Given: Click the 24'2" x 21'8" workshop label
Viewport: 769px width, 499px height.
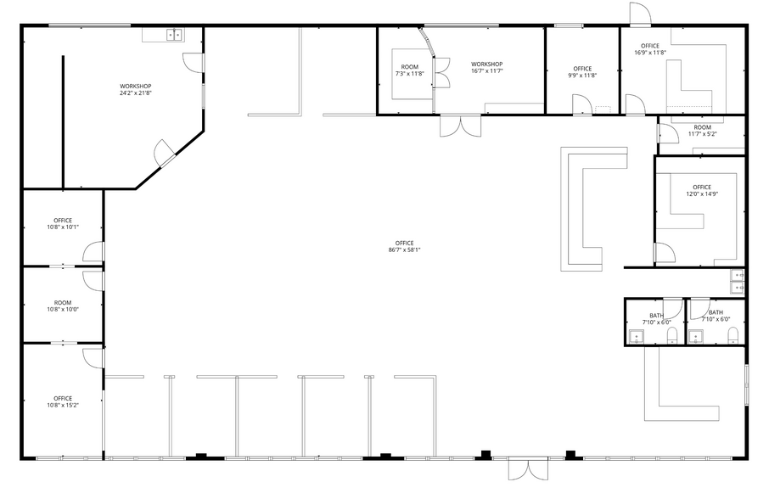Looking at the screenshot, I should click(136, 89).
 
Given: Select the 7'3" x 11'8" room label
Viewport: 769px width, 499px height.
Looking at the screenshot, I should click(410, 70).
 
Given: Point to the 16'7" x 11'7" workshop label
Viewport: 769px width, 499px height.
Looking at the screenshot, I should click(487, 67).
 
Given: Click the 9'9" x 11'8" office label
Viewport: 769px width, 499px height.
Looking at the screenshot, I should click(582, 71).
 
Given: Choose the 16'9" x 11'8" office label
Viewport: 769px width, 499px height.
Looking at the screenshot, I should click(650, 49).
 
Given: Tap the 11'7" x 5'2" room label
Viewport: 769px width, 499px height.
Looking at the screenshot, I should click(702, 131).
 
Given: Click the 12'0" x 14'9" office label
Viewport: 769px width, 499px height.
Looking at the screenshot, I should click(702, 190).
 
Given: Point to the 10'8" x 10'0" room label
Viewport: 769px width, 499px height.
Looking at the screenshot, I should click(63, 306).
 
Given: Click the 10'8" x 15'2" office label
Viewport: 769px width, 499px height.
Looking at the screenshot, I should click(63, 401).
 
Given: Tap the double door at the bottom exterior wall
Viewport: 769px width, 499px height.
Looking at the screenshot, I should click(529, 469).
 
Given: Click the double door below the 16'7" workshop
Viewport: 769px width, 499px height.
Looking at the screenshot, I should click(460, 126).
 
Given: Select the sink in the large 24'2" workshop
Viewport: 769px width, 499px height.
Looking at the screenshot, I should click(175, 35).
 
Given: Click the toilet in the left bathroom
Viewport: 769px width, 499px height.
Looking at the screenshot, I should click(672, 337).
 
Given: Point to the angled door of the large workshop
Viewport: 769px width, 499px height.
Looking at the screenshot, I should click(165, 153).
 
